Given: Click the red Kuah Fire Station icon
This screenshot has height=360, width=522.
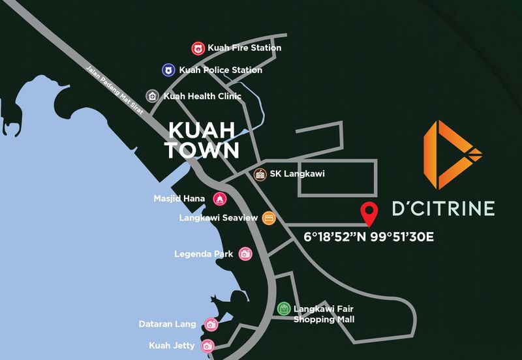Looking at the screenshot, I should coord(198,48).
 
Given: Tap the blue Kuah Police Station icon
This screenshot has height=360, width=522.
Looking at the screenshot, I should coord(169,70).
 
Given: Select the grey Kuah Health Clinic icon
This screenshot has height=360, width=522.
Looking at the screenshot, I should coord(153,96).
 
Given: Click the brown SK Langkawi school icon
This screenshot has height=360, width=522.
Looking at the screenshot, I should coord(260,174).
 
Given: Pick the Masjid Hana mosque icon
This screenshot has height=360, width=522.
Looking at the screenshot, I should coord(219,198).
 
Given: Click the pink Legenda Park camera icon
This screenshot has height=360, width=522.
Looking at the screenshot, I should coord(245,254).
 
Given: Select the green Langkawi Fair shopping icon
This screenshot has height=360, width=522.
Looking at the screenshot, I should coord(283,308).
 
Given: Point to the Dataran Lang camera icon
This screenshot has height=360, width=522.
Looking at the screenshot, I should coord(210,324).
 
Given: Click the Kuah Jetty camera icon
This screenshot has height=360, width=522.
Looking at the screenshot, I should coord(207,346).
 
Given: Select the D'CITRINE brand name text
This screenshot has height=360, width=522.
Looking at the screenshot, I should coord(443,208).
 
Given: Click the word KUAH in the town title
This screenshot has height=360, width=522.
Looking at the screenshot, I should coord(202,128).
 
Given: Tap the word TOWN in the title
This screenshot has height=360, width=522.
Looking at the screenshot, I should coord(202,150).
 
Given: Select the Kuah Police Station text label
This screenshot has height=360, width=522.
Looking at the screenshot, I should coord(221,70).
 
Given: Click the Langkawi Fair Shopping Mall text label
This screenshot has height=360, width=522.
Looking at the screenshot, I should coord(324,314).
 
